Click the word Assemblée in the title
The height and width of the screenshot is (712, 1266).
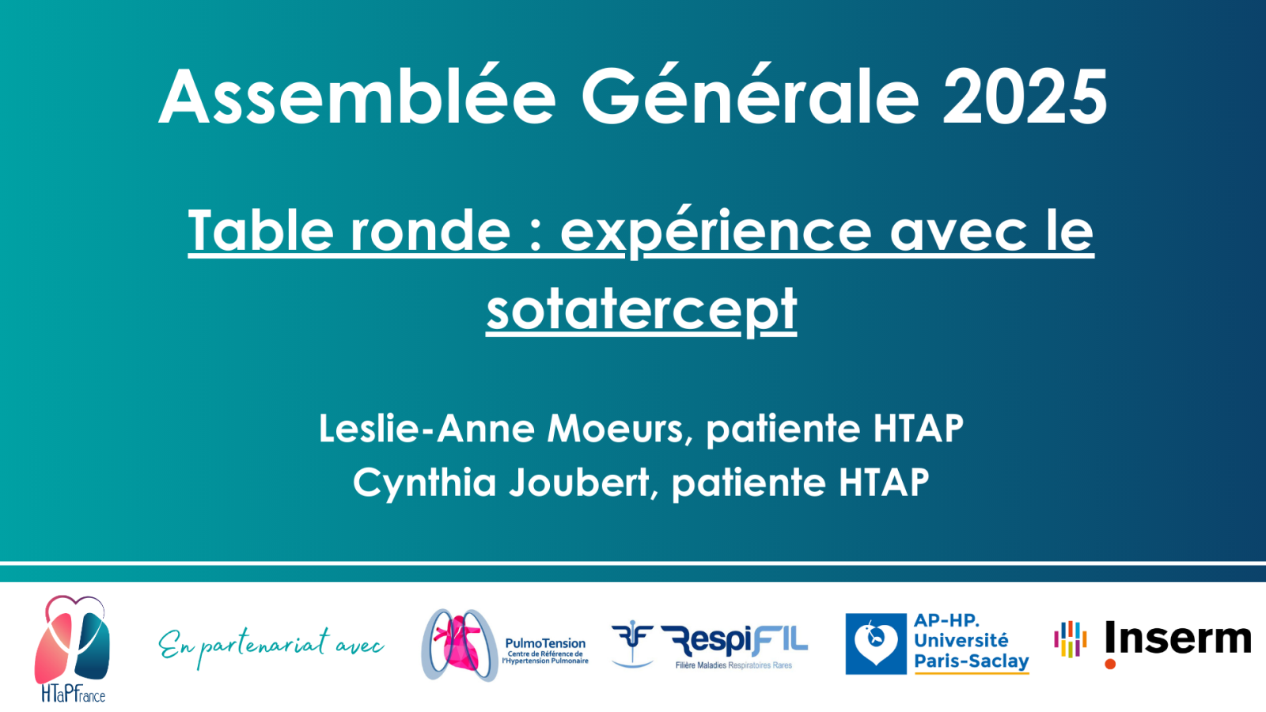pos(357,97)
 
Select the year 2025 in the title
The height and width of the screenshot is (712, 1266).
pos(1025,97)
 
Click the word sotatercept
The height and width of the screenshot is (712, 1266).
pos(642,309)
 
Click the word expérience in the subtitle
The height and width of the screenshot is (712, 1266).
pos(715,232)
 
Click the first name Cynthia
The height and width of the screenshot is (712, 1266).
pos(424,483)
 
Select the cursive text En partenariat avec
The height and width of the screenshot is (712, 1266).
pos(271,647)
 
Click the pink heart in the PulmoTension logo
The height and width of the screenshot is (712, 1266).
pos(458,645)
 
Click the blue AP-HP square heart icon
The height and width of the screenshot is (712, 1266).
pos(876,644)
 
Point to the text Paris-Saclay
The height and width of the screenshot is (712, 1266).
pos(972,661)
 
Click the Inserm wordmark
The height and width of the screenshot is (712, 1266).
pos(1178,638)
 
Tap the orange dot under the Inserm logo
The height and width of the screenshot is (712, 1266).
pos(1110,664)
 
